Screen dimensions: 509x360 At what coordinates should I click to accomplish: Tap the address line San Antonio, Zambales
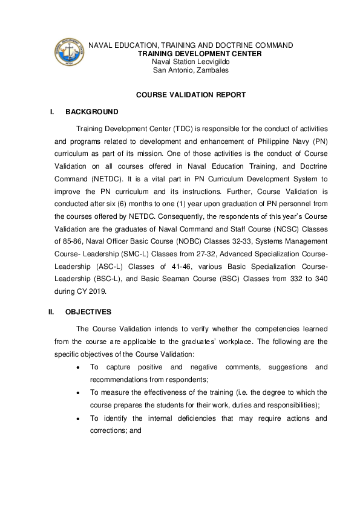tap(190, 70)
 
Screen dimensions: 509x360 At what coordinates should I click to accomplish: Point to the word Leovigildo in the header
tap(211, 62)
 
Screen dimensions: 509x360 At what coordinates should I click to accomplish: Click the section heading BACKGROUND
tap(92, 112)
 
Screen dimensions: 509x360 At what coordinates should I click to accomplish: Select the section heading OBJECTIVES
tap(88, 312)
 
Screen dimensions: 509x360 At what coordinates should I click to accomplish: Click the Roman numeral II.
tap(51, 312)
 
